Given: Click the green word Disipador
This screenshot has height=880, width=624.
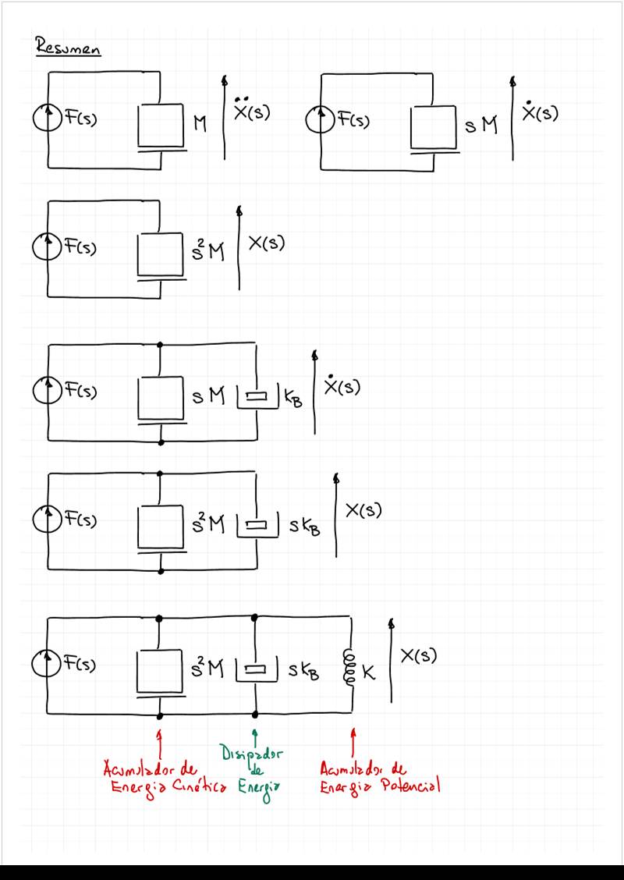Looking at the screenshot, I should (x=252, y=754).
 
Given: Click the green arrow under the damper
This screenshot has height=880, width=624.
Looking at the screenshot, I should (x=254, y=736).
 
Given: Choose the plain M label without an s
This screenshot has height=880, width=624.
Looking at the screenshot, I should (x=200, y=123).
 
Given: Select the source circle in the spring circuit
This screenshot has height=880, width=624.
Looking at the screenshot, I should (x=47, y=665).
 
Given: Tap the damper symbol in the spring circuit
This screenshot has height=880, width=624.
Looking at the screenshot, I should (x=257, y=669).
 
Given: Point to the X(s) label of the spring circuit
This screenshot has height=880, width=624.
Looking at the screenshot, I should (x=418, y=656).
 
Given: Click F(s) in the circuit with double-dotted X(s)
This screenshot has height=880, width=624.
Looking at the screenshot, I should (x=79, y=121).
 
